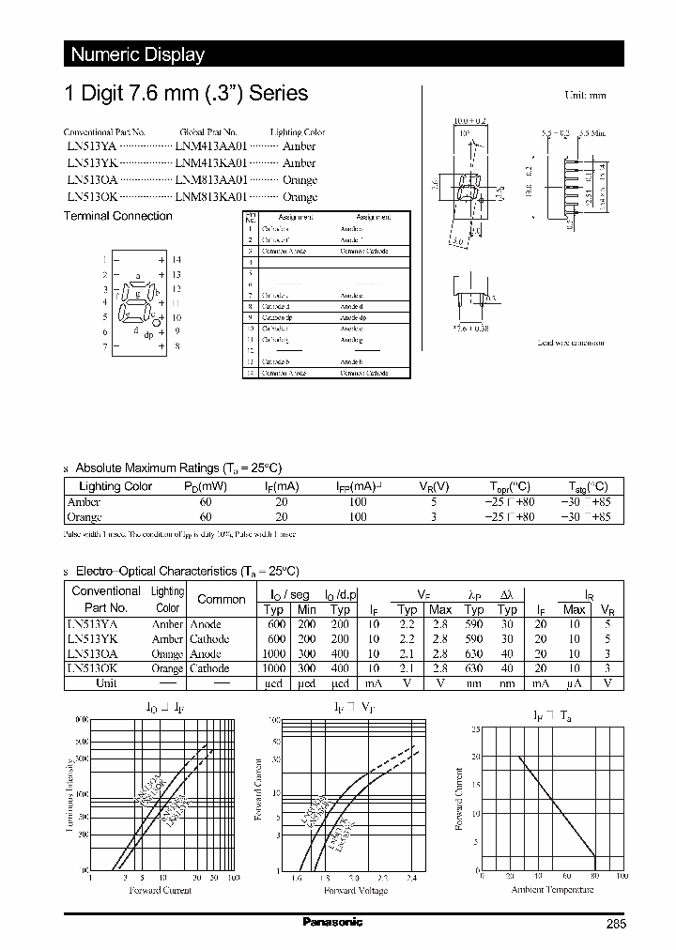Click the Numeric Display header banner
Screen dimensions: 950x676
(x=138, y=54)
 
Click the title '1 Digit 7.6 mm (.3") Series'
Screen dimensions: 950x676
(x=185, y=94)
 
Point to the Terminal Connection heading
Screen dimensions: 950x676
(x=117, y=216)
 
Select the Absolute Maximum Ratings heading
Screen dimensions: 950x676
(x=177, y=467)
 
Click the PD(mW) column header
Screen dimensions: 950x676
(x=206, y=486)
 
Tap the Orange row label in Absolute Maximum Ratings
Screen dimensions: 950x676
(x=84, y=516)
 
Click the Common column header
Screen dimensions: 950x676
(x=222, y=599)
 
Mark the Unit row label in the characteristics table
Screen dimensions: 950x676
(x=106, y=683)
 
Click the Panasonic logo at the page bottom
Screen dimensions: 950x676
(x=332, y=922)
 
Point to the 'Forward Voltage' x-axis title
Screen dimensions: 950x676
(x=355, y=890)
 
